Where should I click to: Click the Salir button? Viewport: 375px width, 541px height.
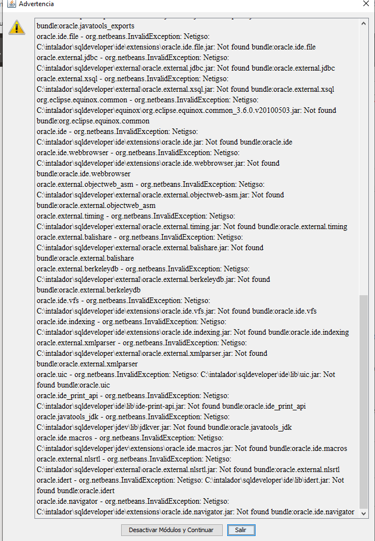(241, 530)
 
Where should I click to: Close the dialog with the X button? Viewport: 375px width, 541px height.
(366, 4)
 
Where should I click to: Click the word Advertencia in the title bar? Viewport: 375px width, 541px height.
(37, 4)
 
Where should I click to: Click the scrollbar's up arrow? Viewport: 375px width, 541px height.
(364, 24)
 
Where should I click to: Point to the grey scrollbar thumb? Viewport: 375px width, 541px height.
(364, 400)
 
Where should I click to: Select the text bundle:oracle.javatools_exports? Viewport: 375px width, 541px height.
(85, 26)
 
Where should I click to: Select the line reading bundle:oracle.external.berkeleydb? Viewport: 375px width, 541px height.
(88, 290)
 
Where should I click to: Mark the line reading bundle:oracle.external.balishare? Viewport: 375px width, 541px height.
(85, 259)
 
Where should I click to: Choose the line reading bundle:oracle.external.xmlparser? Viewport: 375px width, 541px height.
(87, 364)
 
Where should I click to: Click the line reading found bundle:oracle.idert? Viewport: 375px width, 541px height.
(76, 491)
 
